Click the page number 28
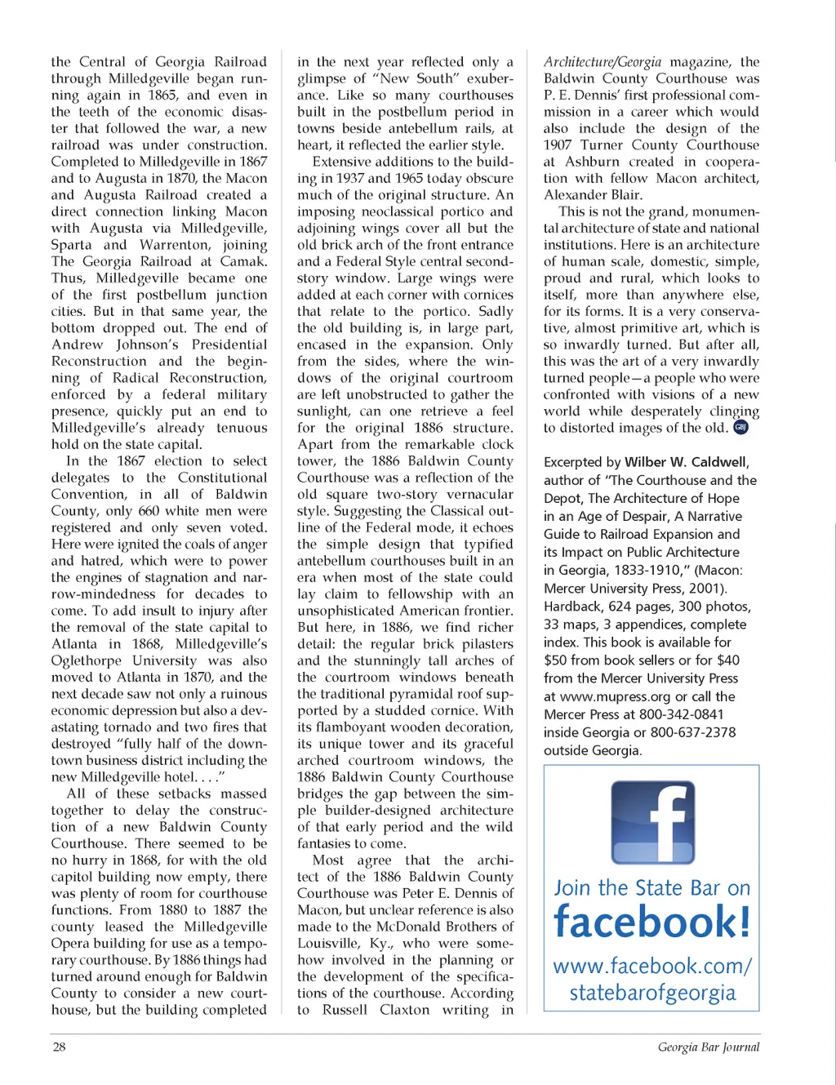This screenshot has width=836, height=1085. click(x=59, y=1047)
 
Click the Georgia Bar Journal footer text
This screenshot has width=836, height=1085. click(x=708, y=1047)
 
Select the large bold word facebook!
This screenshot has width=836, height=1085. click(x=651, y=923)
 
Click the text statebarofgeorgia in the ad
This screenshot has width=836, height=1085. click(x=652, y=993)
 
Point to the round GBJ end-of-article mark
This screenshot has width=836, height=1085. click(x=740, y=427)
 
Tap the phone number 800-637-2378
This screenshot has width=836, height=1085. click(x=693, y=732)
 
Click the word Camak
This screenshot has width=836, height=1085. click(x=243, y=261)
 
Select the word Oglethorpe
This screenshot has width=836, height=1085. click(x=83, y=660)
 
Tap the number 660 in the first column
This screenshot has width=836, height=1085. click(x=149, y=511)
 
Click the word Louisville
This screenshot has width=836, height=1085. click(x=328, y=943)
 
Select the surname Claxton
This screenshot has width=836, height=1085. click(x=404, y=1010)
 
